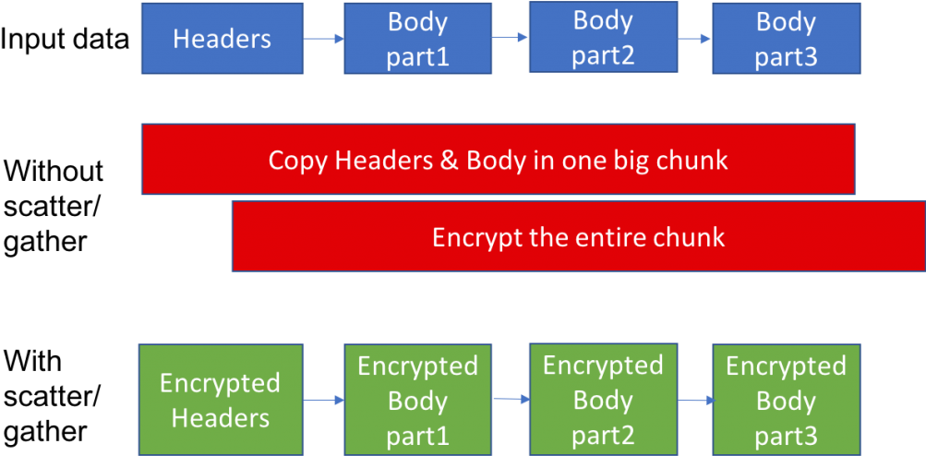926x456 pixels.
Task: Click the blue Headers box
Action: tap(222, 39)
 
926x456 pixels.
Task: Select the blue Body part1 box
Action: tap(417, 39)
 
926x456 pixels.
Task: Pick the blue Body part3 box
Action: tap(786, 39)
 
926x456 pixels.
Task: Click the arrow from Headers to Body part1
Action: tap(324, 39)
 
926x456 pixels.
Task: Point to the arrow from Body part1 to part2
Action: tap(510, 38)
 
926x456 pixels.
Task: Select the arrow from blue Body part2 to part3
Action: tap(694, 39)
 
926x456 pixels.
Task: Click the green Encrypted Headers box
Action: tap(221, 400)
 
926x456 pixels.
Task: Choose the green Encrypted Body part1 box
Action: tap(417, 401)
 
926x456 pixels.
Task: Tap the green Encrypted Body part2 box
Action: tap(602, 400)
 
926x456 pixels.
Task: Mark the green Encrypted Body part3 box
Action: tap(786, 401)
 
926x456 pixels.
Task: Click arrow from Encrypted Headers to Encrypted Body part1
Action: tap(324, 400)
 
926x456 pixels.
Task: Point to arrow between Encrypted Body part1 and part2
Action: tap(510, 400)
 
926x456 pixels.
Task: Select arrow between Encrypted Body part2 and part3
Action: tap(694, 400)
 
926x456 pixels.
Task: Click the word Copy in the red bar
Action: tap(298, 161)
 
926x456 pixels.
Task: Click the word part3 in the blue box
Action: tap(786, 57)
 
